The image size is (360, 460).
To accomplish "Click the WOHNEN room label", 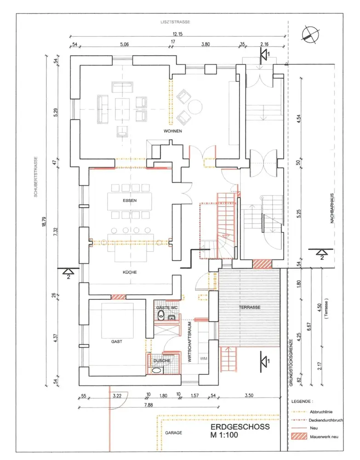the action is [173, 131].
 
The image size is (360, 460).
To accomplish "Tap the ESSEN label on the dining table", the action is [130, 201].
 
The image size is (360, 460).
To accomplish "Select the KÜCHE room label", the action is [130, 272].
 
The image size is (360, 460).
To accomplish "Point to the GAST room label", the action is [117, 341].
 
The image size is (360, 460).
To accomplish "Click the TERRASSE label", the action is [250, 307].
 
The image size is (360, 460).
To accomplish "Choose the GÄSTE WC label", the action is [167, 308].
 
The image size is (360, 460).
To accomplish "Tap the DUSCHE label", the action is [162, 361].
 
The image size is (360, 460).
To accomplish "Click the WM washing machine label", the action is [204, 358].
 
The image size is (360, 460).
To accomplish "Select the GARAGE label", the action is [173, 433].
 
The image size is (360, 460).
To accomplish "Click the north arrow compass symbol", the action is [310, 34].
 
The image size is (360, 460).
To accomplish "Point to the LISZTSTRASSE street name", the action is [175, 22].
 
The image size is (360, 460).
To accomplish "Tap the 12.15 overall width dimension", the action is [177, 34].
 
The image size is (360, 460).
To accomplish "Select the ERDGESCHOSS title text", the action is [240, 426].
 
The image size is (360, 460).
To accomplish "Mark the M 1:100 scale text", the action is [224, 435].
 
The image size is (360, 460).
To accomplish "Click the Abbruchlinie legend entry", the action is [321, 412].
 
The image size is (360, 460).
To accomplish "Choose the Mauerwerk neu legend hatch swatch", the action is [299, 437].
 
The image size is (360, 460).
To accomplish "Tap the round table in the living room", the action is [195, 107].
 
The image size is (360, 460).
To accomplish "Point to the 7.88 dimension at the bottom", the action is [149, 405].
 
